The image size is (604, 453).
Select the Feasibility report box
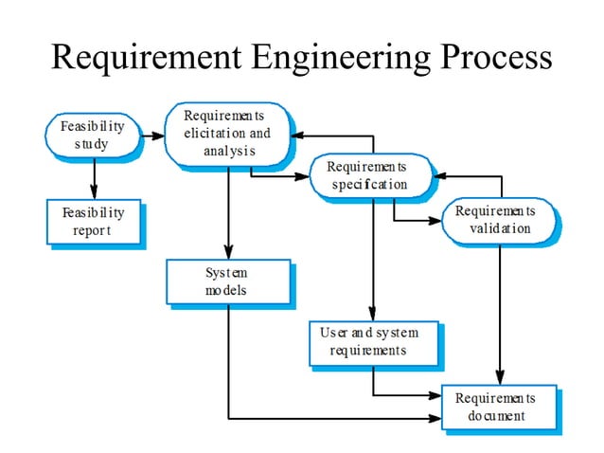tap(93, 222)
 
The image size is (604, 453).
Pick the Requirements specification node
tap(369, 175)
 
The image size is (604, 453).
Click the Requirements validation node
tap(495, 219)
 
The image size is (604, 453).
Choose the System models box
tap(226, 281)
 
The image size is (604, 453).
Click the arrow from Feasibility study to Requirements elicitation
tap(151, 135)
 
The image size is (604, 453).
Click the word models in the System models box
tap(226, 291)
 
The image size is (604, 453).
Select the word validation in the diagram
tap(500, 228)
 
